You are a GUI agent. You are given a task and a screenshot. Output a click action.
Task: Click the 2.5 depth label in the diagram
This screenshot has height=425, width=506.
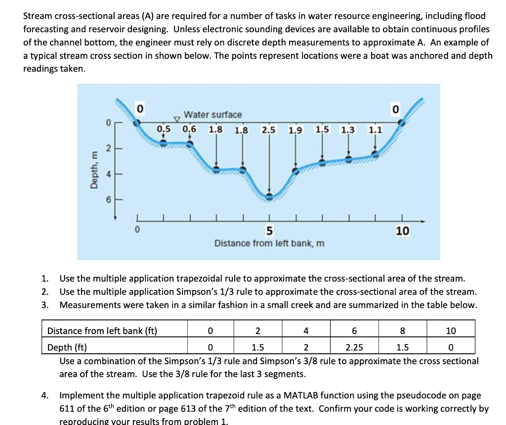click(x=269, y=130)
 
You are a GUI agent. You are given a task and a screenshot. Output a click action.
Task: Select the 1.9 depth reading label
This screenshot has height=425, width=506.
click(x=295, y=130)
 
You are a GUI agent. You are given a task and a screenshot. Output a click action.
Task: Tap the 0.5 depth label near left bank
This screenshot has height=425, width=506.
click(x=164, y=129)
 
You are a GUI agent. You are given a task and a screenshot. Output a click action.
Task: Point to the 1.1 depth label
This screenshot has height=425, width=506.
click(x=375, y=130)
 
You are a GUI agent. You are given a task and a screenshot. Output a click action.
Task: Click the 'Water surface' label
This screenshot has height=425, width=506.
click(x=212, y=115)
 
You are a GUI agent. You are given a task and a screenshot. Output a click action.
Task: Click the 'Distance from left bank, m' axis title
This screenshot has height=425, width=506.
click(x=269, y=243)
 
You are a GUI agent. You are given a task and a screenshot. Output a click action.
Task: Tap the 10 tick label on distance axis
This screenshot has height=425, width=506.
click(x=402, y=231)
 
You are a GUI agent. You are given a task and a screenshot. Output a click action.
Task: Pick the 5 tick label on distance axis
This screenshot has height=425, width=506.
click(x=269, y=231)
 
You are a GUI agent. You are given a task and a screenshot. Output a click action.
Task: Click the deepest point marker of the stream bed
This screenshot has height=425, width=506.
click(x=269, y=196)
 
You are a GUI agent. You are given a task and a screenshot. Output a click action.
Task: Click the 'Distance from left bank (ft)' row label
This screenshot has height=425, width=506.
click(x=102, y=331)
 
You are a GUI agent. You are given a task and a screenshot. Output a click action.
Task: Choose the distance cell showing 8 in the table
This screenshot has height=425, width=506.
click(x=402, y=331)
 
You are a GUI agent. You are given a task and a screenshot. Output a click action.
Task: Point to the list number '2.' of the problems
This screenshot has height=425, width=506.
click(x=45, y=292)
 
